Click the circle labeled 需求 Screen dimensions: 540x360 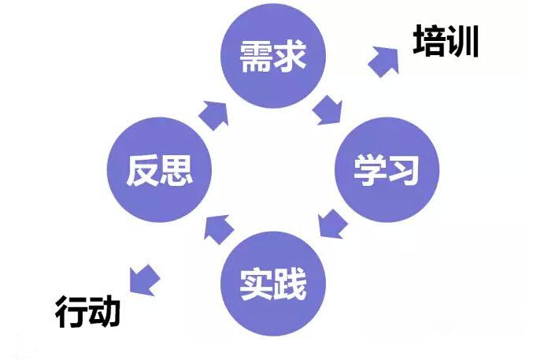pos(273,55)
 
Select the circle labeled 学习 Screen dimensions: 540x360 pos(387,169)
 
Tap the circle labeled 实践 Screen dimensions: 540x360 pos(273,284)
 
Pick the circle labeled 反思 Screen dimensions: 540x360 pos(159,169)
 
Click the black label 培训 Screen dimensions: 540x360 pos(446,41)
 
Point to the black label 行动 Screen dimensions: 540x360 pos(87,312)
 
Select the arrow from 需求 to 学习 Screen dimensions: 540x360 pos(327,111)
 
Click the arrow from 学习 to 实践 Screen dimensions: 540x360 pos(332,224)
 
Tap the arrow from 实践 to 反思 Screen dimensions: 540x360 pos(219,229)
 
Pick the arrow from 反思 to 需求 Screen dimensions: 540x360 pos(214,116)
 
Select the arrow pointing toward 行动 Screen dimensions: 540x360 pos(144,280)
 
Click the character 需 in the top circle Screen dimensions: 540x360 pos(256,56)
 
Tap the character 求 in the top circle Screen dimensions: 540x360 pos(290,56)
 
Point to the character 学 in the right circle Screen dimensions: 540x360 pos(369,170)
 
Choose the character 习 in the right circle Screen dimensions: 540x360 pos(403,170)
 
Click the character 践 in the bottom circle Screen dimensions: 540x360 pos(290,284)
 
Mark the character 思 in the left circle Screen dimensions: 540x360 pos(176,170)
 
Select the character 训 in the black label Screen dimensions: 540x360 pos(463,41)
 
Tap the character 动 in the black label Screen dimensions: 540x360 pos(105,312)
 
